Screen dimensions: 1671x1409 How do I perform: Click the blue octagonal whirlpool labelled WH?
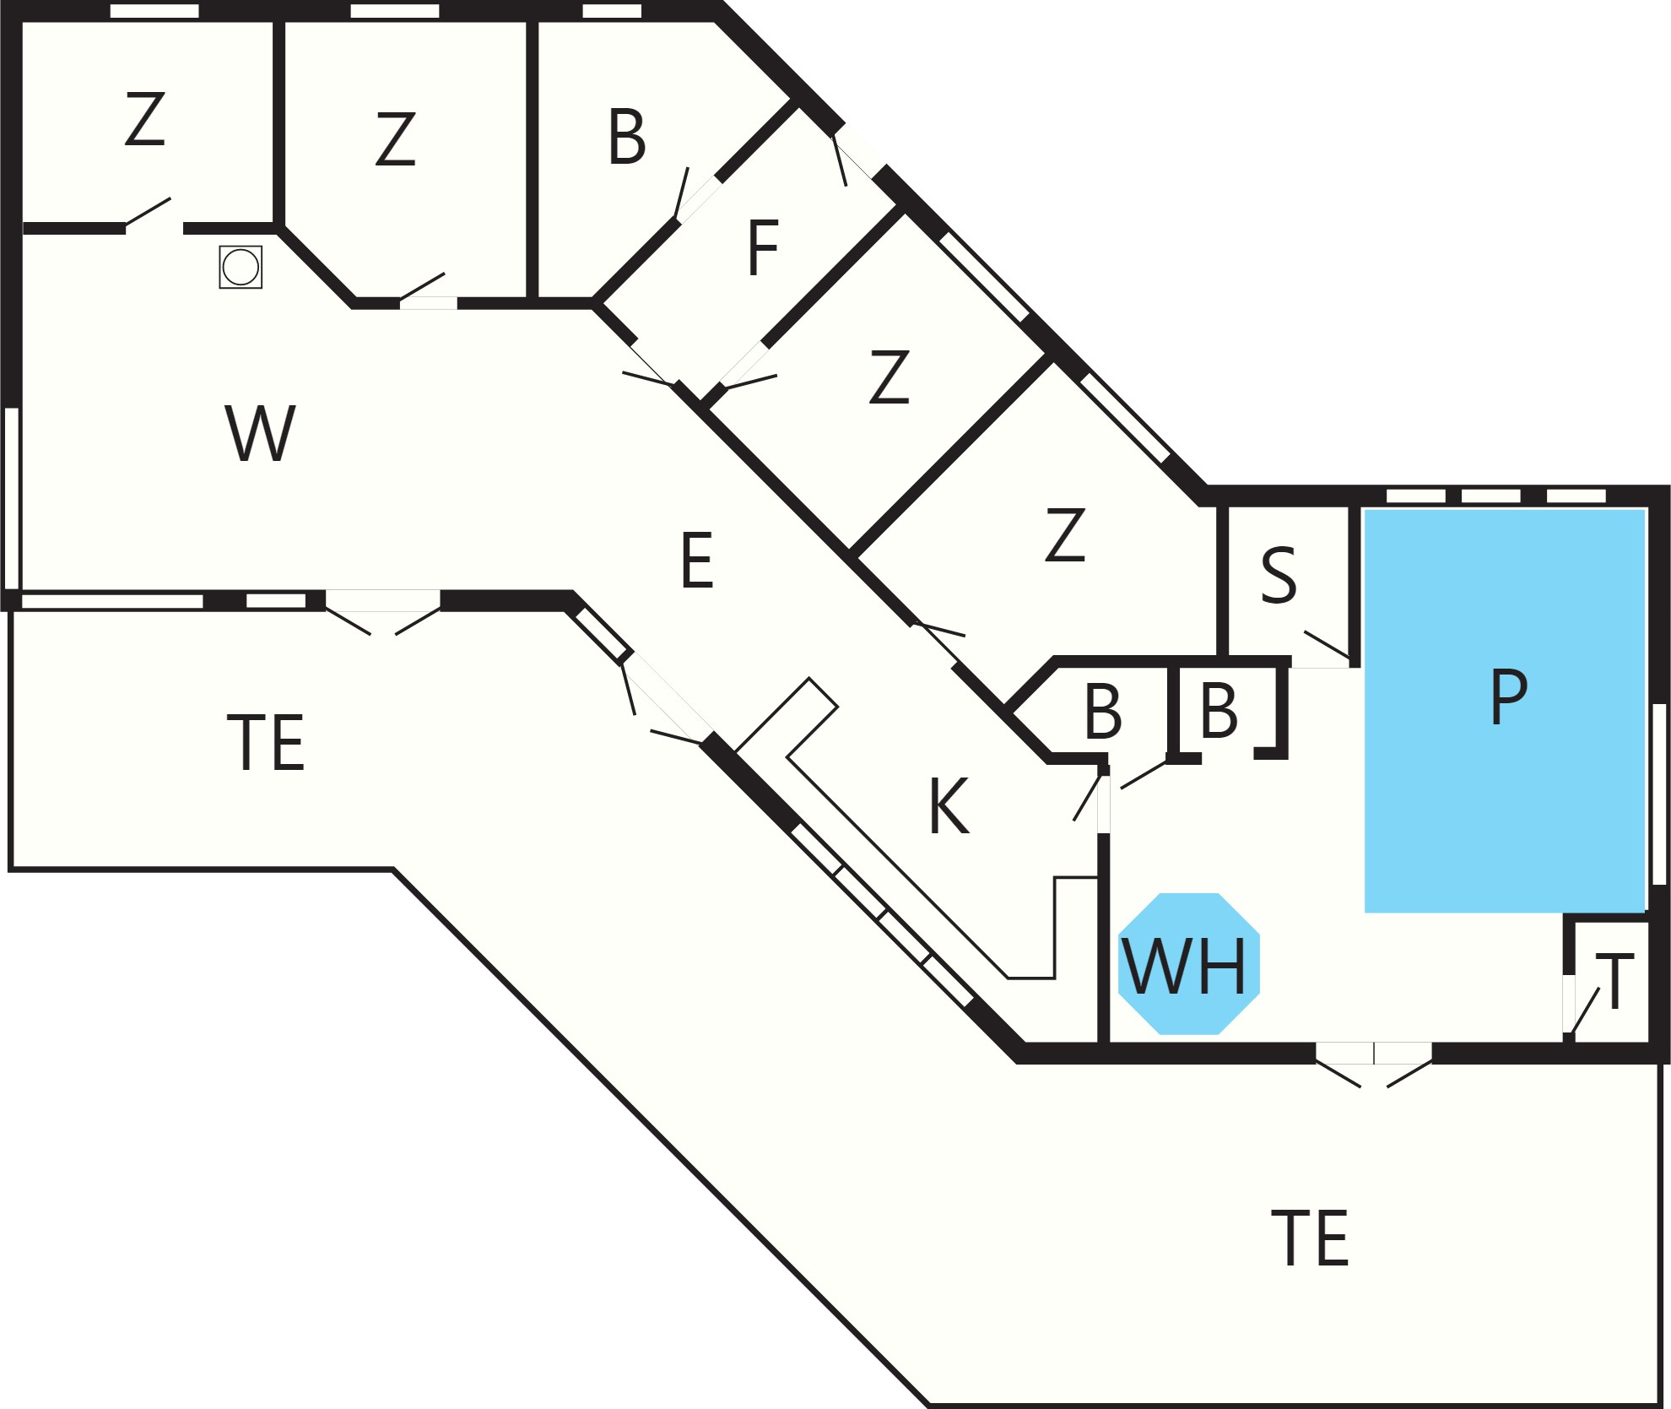coord(1188,963)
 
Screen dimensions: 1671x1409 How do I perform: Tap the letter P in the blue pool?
coord(1509,696)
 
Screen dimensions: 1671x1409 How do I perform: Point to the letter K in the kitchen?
coord(949,805)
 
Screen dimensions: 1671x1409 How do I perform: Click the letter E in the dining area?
coord(697,560)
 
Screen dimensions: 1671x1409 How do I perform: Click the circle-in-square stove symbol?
coord(241,267)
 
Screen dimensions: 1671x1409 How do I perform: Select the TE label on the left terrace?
coord(266,742)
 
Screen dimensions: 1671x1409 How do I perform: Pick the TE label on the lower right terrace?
coord(1310,1238)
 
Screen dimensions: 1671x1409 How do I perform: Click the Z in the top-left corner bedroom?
coord(144,119)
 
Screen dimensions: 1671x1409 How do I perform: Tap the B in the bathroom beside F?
coord(627,136)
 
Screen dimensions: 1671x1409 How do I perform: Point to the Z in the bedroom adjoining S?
coord(1065,534)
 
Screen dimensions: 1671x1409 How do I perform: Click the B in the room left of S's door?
coord(1219,711)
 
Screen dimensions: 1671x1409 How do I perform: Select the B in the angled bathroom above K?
coord(1103,712)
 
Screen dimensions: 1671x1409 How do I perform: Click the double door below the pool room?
coord(1374,1065)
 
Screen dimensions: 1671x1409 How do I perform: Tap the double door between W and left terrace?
coord(382,612)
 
